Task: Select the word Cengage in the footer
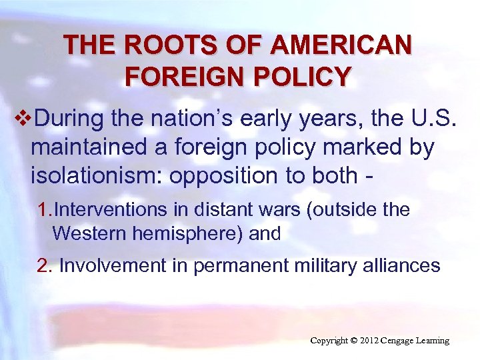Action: (405, 341)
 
